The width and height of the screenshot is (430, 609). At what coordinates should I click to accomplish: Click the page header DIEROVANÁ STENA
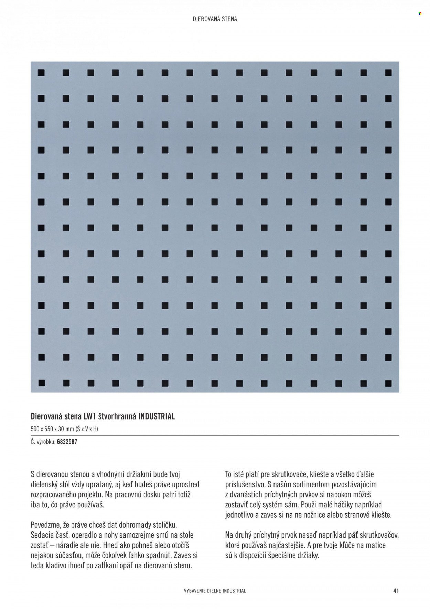[215, 19]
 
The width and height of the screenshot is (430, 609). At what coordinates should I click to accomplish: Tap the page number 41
[396, 591]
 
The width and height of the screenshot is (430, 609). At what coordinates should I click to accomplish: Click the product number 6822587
[67, 442]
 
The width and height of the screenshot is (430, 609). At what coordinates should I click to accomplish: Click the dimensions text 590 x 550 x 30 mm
[52, 429]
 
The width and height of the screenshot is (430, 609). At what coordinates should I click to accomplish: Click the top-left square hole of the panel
[42, 73]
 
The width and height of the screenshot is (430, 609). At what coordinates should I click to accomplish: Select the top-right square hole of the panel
[388, 73]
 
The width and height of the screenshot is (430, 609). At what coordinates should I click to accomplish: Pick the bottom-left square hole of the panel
[42, 383]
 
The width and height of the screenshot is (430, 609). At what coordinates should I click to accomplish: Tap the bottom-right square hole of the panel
[388, 383]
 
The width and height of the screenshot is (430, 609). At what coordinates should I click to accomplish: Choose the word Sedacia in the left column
[42, 535]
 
